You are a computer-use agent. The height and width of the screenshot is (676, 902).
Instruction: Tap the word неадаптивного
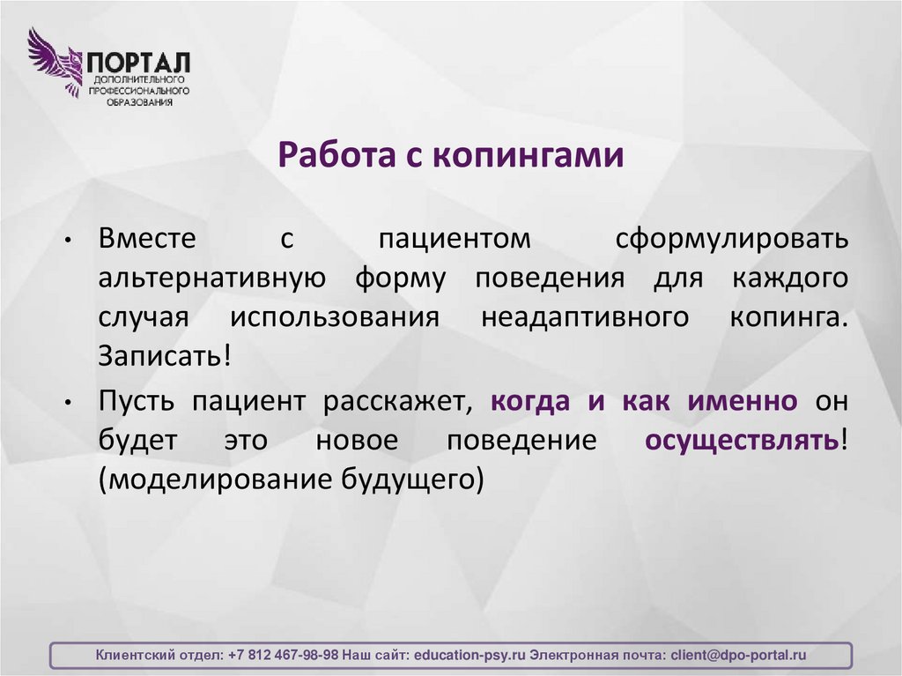pos(585,319)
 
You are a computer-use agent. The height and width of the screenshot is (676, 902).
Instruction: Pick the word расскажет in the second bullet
pos(398,401)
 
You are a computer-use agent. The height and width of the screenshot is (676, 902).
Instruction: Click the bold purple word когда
pos(533,401)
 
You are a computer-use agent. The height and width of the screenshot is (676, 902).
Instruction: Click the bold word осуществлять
pos(742,441)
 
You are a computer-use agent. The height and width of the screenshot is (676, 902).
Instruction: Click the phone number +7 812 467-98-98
pos(283,656)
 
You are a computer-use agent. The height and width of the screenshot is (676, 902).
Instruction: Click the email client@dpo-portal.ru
pos(738,656)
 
